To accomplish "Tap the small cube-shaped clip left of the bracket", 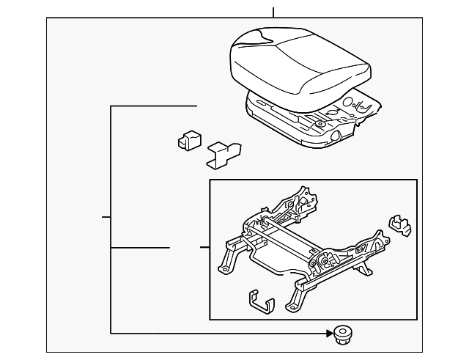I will click(x=189, y=139).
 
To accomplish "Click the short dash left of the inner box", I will click(x=203, y=248).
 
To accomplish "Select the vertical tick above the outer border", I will click(x=273, y=12).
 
